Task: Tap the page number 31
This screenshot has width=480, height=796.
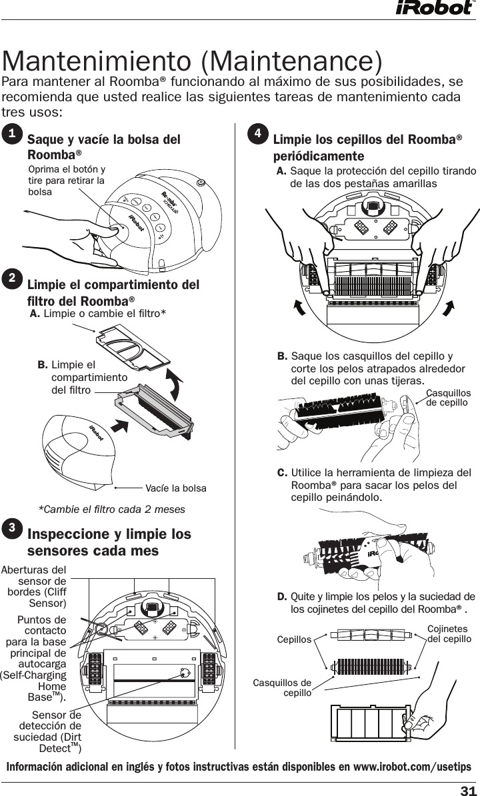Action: point(468,790)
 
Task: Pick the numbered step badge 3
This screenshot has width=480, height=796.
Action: point(12,528)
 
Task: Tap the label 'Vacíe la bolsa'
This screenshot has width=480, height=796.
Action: point(175,488)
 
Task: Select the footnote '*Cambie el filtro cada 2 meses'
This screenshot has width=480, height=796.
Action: point(111,510)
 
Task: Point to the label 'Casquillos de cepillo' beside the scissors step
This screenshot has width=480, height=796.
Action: point(448,398)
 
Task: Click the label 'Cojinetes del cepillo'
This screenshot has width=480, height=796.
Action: point(449,634)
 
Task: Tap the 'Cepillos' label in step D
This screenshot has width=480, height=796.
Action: point(294,639)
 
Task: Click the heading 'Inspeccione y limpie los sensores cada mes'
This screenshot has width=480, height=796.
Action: point(109,543)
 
